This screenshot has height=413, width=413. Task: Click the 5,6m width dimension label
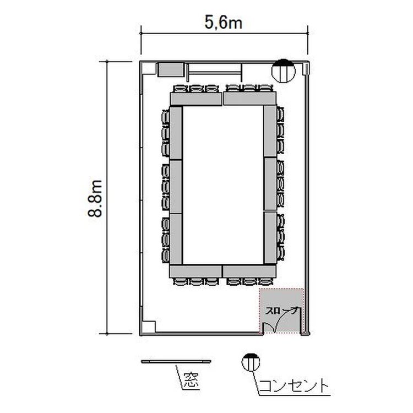click(224, 23)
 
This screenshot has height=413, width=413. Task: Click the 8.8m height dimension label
click(95, 198)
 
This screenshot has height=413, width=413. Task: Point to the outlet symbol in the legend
click(251, 362)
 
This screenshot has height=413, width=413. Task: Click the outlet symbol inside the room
click(283, 70)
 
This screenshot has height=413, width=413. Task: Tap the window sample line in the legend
click(176, 361)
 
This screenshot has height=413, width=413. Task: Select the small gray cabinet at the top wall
click(171, 69)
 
